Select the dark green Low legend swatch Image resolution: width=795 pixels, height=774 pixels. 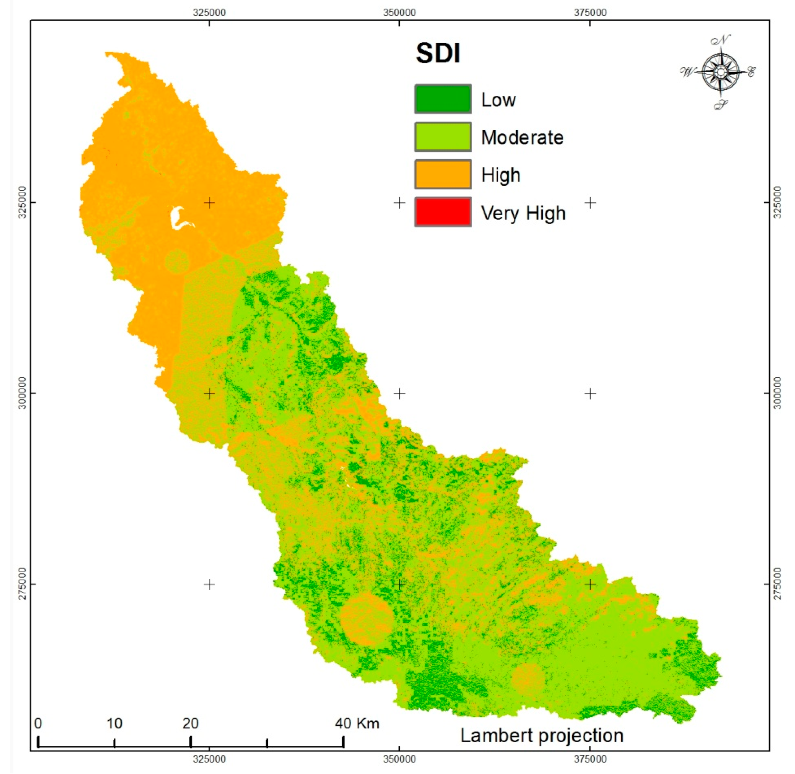click(443, 99)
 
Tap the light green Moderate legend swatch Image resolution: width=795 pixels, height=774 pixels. click(443, 137)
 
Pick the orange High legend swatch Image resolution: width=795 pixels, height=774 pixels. click(443, 175)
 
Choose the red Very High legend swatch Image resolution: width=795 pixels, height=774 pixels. click(443, 212)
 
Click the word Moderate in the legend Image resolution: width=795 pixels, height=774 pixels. click(522, 137)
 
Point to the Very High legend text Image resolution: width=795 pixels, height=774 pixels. click(523, 213)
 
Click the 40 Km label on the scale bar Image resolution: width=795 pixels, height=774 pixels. click(357, 723)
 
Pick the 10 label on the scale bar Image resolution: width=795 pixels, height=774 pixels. click(114, 723)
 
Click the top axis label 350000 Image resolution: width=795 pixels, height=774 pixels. click(399, 13)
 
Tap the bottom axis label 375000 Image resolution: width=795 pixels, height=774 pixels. click(590, 759)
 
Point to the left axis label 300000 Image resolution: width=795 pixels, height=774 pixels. click(22, 393)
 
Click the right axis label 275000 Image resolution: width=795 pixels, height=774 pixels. click(777, 584)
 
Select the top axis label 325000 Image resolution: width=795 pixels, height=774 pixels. click(209, 13)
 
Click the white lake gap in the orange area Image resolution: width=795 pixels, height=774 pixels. click(178, 217)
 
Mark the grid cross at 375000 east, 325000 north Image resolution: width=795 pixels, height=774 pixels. click(590, 202)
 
